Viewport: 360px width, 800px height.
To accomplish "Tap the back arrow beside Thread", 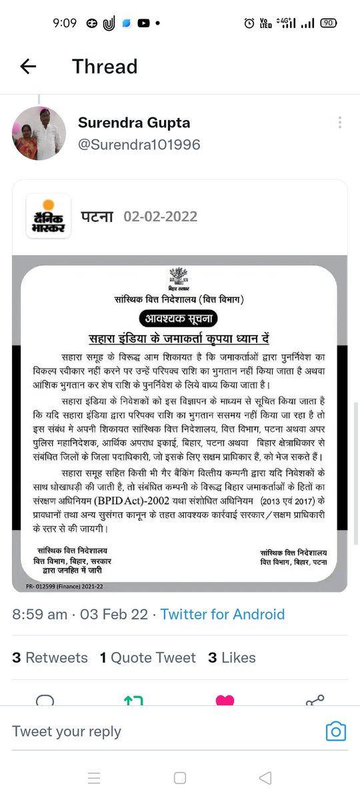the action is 28,66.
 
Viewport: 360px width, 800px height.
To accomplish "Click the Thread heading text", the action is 105,67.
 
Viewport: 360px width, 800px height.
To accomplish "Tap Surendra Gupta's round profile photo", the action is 39,133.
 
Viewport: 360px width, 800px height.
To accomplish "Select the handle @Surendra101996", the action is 139,145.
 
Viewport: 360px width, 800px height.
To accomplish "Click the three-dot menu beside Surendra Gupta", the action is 340,123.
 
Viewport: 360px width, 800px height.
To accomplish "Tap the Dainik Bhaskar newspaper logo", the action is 48,216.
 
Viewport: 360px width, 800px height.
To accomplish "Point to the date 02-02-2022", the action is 160,217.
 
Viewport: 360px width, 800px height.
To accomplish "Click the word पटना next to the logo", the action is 97,217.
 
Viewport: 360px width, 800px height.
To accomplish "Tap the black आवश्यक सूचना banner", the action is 179,318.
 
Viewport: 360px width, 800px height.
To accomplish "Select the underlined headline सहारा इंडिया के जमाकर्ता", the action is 179,337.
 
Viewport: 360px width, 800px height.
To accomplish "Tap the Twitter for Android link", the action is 223,615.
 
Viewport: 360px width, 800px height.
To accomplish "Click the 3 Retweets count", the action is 50,658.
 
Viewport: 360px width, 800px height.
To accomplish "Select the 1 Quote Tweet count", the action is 148,658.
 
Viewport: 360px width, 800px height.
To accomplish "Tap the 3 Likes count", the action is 232,658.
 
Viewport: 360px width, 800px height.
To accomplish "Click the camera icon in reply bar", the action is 335,731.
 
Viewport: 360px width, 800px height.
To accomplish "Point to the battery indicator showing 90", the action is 327,23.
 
